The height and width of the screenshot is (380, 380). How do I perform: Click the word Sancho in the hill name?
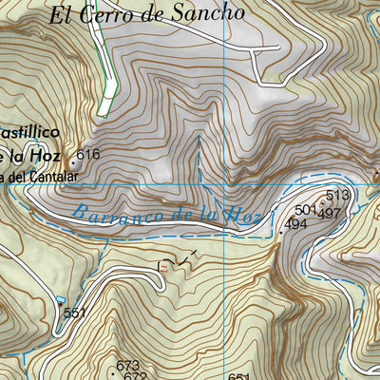click(x=213, y=13)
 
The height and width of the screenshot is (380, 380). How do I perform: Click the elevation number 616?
click(x=88, y=154)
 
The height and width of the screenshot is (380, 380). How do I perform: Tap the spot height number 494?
click(x=295, y=225)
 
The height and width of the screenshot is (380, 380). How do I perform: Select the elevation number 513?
click(x=337, y=196)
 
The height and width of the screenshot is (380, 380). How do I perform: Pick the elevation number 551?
click(x=75, y=313)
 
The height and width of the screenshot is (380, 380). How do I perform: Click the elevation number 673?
click(x=128, y=365)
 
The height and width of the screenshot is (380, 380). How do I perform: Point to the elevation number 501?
click(x=305, y=210)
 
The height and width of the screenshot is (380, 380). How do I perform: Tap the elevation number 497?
click(x=329, y=213)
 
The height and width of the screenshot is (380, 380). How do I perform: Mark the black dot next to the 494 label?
click(x=280, y=231)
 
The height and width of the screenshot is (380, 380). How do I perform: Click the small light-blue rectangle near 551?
click(x=61, y=324)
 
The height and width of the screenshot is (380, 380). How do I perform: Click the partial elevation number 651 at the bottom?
click(x=238, y=376)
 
